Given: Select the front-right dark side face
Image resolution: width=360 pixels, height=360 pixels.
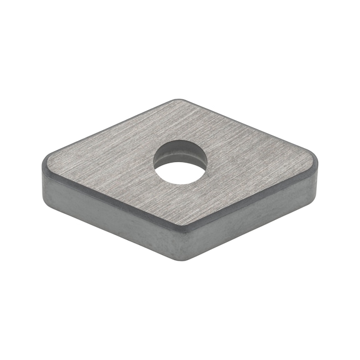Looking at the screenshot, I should coord(250,216).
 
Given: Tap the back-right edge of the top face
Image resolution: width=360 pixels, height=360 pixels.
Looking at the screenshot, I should coord(250,127).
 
